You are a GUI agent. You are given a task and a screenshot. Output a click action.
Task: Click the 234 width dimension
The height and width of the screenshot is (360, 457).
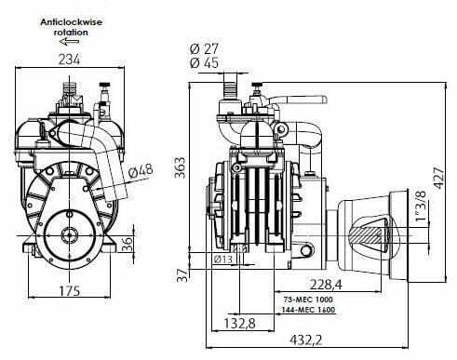[69, 60]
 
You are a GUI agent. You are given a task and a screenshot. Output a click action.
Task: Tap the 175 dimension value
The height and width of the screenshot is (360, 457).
[70, 291]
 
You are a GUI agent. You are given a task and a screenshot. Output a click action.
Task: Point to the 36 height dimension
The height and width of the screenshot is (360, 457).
[128, 244]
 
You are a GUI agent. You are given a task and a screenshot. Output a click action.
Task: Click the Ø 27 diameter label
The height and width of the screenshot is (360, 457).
[204, 48]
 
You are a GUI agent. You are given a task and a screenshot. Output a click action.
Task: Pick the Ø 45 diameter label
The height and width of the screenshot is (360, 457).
[204, 63]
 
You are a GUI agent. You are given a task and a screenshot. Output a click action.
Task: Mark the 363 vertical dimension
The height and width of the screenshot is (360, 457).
[180, 167]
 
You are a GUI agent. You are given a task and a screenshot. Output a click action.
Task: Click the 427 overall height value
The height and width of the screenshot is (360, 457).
[439, 178]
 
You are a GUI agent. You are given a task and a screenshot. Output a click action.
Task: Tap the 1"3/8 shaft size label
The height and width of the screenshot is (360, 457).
[421, 206]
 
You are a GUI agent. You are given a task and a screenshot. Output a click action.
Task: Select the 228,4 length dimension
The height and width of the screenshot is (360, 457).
[326, 285]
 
